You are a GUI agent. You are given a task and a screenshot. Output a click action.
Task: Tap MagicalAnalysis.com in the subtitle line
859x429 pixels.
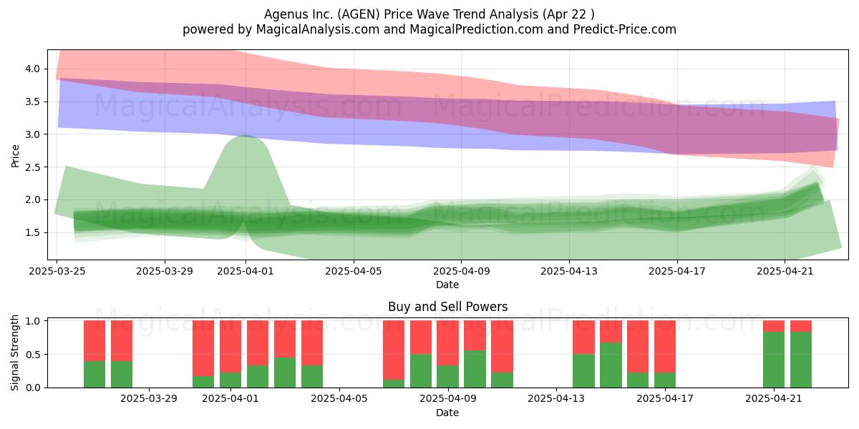pos(318,29)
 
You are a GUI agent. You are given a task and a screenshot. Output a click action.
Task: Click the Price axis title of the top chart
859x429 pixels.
pos(15,156)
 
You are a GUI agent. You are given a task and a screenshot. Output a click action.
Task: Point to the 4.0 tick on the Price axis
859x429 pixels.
pos(33,69)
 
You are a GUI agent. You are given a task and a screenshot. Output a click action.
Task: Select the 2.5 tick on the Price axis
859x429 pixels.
pos(33,167)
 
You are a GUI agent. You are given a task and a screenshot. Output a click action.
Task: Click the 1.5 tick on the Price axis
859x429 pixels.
pos(33,232)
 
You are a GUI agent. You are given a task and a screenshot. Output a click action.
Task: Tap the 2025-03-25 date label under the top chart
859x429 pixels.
pos(57,271)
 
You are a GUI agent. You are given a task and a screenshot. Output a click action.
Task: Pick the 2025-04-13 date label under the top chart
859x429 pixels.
pos(569,271)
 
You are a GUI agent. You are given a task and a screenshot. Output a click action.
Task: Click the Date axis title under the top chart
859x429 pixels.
pos(447,285)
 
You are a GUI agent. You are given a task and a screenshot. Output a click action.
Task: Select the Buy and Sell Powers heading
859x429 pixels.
pos(447,307)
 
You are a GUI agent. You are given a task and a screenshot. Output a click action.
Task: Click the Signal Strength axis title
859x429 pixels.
pos(14,352)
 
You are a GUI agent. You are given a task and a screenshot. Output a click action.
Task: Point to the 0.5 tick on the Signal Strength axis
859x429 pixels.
pos(33,355)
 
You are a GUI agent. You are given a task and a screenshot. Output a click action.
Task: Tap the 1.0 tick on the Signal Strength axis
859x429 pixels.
pos(33,321)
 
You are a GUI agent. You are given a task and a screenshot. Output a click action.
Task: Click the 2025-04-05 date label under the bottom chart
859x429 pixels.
pos(339,399)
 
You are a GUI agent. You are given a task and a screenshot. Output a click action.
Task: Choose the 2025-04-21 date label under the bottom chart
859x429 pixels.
pos(774,399)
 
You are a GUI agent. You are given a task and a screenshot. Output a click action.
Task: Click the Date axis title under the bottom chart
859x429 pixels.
pos(447,413)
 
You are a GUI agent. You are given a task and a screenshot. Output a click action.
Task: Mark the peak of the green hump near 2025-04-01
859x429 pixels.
pos(246,136)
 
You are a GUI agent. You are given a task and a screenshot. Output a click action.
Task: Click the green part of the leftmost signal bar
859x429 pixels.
pos(94,374)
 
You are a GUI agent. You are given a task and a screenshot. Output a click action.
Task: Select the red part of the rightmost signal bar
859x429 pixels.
pos(801,326)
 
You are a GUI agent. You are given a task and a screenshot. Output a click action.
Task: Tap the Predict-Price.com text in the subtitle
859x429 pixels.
pos(625,29)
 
